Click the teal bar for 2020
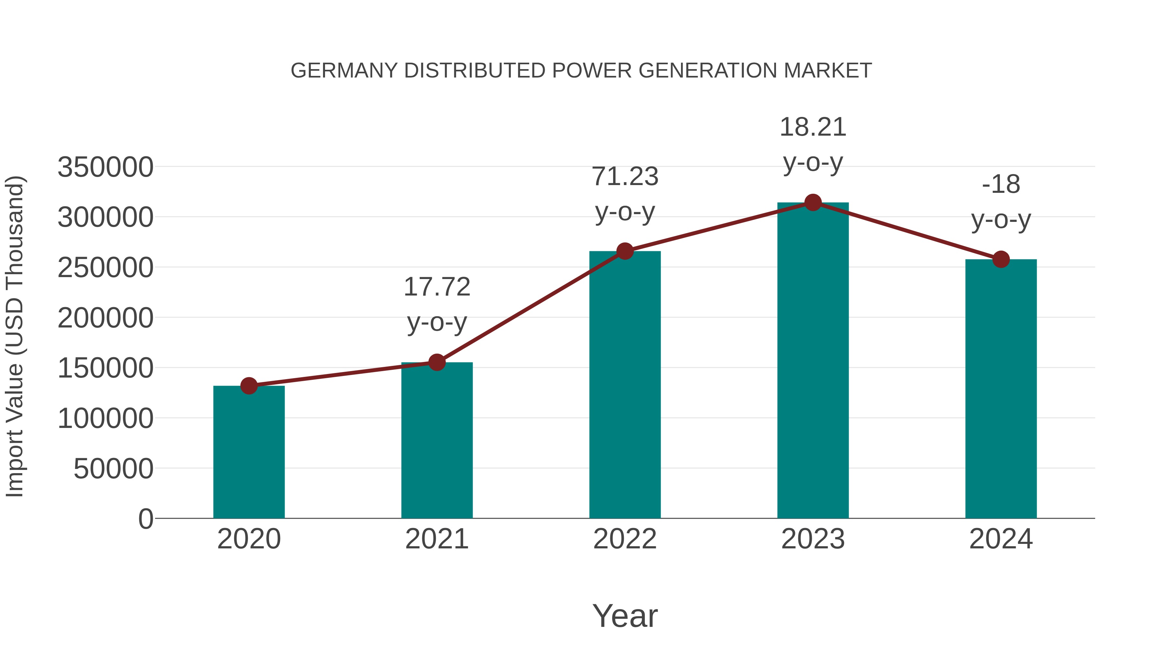(249, 452)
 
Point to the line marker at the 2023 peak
(813, 202)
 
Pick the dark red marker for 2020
(249, 386)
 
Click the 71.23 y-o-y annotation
(625, 194)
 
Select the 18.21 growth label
(813, 144)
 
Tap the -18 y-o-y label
(1001, 202)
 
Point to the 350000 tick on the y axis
(105, 167)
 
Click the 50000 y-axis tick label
(113, 469)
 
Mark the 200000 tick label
(105, 318)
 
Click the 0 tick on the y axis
(146, 519)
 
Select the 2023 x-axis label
(813, 539)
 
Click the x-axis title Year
(625, 616)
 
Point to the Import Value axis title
(15, 336)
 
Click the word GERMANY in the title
(344, 71)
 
